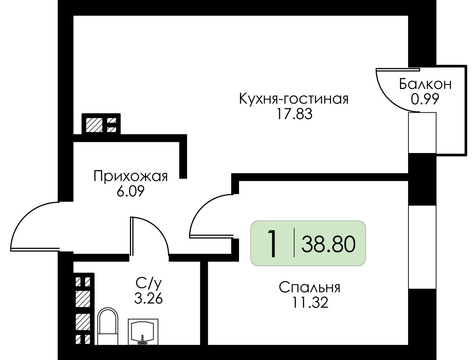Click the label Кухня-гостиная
click(x=294, y=99)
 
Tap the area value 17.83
click(x=294, y=114)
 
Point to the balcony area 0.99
click(x=425, y=99)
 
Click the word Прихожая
click(x=130, y=177)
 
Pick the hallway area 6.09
click(x=130, y=191)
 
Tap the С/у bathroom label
click(x=146, y=283)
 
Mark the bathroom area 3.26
click(x=148, y=298)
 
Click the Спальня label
click(x=309, y=288)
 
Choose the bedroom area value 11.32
click(x=309, y=303)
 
